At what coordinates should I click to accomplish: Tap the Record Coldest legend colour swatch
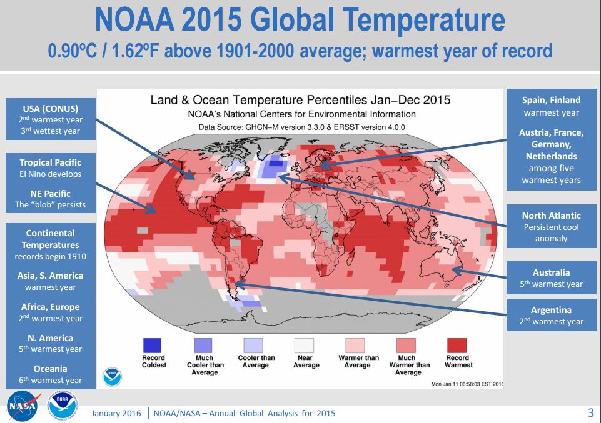[x=153, y=346]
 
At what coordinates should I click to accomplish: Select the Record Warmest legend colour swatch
[x=458, y=346]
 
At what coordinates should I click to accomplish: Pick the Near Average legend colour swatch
[x=305, y=346]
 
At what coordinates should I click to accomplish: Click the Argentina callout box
[x=551, y=316]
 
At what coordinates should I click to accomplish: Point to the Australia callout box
[x=551, y=278]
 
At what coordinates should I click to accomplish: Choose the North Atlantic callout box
[x=551, y=227]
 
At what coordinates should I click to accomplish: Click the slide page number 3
[x=590, y=412]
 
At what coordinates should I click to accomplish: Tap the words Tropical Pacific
[x=50, y=163]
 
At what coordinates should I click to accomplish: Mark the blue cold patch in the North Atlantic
[x=273, y=169]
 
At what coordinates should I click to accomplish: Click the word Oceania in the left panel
[x=50, y=369]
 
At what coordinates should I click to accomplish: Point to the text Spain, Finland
[x=551, y=100]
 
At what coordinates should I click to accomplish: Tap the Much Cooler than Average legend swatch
[x=204, y=346]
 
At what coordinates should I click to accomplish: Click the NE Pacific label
[x=50, y=194]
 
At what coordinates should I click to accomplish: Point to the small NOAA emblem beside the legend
[x=112, y=376]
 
